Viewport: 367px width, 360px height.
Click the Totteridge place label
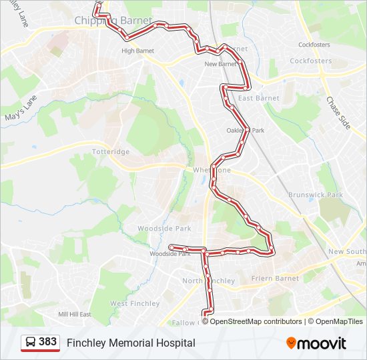click(x=111, y=152)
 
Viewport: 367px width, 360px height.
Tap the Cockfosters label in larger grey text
click(x=310, y=61)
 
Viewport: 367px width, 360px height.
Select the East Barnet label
click(x=259, y=98)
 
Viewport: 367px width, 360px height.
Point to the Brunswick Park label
click(x=315, y=195)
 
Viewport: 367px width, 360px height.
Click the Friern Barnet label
click(x=275, y=278)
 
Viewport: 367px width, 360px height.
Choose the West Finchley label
click(x=135, y=303)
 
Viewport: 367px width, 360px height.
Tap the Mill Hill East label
click(x=74, y=314)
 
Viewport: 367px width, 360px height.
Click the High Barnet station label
click(x=137, y=51)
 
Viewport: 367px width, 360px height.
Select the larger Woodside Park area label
click(x=164, y=228)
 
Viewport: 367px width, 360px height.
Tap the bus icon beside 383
click(x=30, y=342)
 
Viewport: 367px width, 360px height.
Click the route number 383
click(x=48, y=342)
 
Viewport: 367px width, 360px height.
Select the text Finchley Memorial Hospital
click(x=131, y=343)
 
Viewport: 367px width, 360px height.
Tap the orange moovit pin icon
click(x=292, y=343)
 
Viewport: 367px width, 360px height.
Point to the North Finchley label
click(x=208, y=281)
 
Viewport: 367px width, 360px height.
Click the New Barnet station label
click(x=220, y=64)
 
